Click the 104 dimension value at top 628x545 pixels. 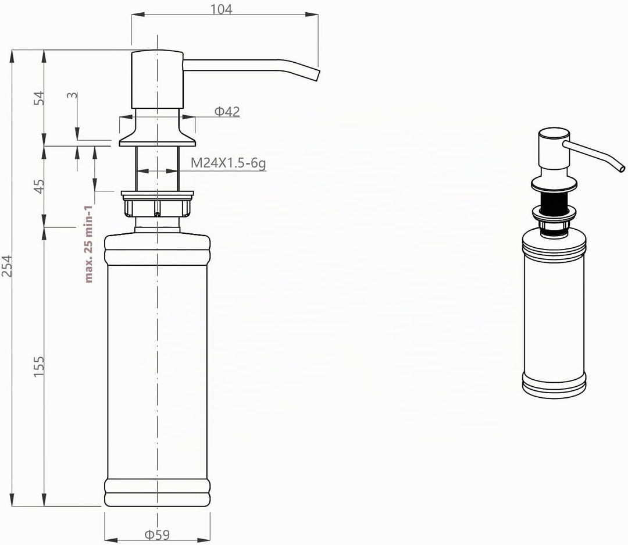click(x=221, y=9)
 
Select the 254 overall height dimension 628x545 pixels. click(x=7, y=266)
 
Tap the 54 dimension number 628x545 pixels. click(x=39, y=98)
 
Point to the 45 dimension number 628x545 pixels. click(x=39, y=186)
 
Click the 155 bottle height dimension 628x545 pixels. click(x=38, y=366)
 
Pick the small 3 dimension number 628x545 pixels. click(x=73, y=95)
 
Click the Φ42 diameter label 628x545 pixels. click(x=227, y=112)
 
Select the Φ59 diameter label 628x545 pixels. click(x=157, y=535)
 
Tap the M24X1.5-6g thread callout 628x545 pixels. click(x=229, y=163)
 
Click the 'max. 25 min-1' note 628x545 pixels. click(x=88, y=244)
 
